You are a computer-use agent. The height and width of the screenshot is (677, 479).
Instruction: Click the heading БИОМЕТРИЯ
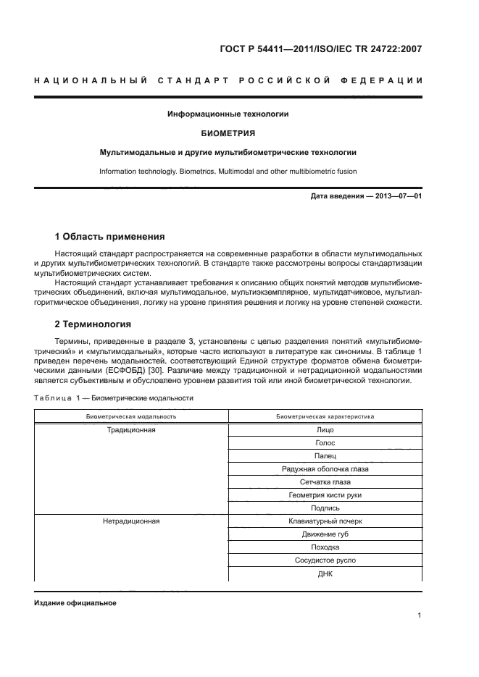click(228, 133)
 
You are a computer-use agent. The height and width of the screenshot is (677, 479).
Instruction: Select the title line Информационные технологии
click(228, 114)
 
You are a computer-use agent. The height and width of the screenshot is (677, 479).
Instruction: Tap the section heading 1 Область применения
click(110, 236)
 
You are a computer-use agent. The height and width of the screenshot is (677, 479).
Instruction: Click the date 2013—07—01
click(396, 196)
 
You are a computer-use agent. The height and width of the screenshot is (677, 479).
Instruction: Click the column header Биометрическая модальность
click(131, 417)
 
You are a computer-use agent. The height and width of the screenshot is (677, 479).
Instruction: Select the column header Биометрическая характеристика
click(325, 417)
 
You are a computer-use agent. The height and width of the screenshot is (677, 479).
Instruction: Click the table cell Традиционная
click(131, 430)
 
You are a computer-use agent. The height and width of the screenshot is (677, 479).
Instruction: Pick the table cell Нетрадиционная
click(131, 521)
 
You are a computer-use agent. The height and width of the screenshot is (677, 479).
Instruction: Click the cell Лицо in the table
click(325, 430)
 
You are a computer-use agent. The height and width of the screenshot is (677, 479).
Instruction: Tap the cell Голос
click(325, 443)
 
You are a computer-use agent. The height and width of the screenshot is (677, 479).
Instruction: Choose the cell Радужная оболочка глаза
click(325, 469)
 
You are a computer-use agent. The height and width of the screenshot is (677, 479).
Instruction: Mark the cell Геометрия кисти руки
click(325, 495)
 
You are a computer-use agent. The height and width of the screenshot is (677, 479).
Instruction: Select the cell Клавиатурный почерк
click(325, 521)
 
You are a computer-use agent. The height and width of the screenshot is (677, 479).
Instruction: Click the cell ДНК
click(325, 573)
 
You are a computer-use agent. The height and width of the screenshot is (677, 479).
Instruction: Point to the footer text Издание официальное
click(75, 602)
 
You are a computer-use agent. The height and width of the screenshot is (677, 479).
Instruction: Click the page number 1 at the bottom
click(420, 615)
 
